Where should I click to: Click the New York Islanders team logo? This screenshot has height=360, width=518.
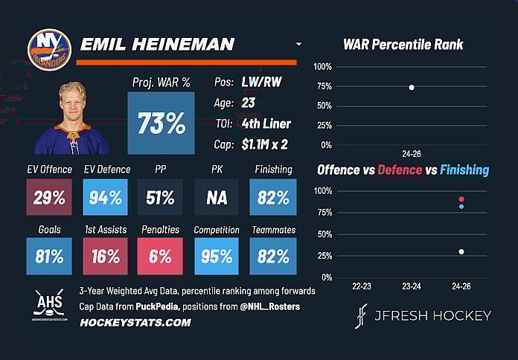pos(49,50)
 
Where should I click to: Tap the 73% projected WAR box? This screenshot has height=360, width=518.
pos(161,123)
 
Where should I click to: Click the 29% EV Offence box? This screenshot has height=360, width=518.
pos(49,197)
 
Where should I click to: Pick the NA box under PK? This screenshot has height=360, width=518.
pos(217,197)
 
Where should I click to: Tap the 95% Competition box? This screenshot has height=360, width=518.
pos(217,257)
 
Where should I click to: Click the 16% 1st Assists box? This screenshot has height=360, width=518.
pos(105,257)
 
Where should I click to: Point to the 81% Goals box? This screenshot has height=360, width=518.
pos(49,257)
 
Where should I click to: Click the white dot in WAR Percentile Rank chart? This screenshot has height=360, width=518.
pos(412,88)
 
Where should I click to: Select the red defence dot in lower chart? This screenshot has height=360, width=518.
pos(461,199)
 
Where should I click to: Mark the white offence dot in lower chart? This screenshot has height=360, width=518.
pos(461,251)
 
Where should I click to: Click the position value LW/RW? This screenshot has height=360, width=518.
pos(266,83)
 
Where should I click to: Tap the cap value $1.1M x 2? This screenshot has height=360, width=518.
pos(271,144)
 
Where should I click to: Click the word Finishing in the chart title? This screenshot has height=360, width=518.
pos(464,170)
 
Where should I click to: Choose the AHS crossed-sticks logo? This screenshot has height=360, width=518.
pos(49,303)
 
